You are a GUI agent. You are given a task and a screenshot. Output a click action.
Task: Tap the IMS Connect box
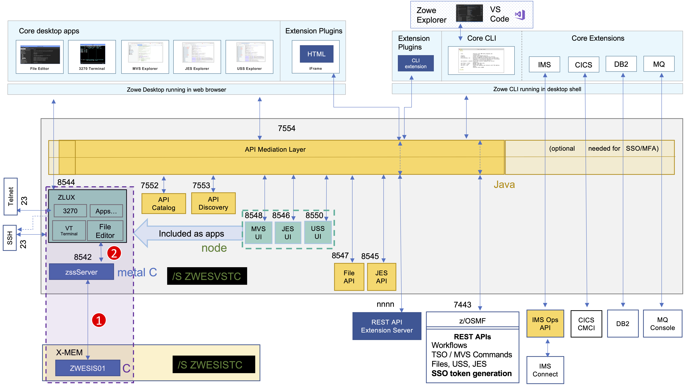click(x=545, y=370)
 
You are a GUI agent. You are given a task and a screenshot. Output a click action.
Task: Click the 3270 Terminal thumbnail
click(x=92, y=57)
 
